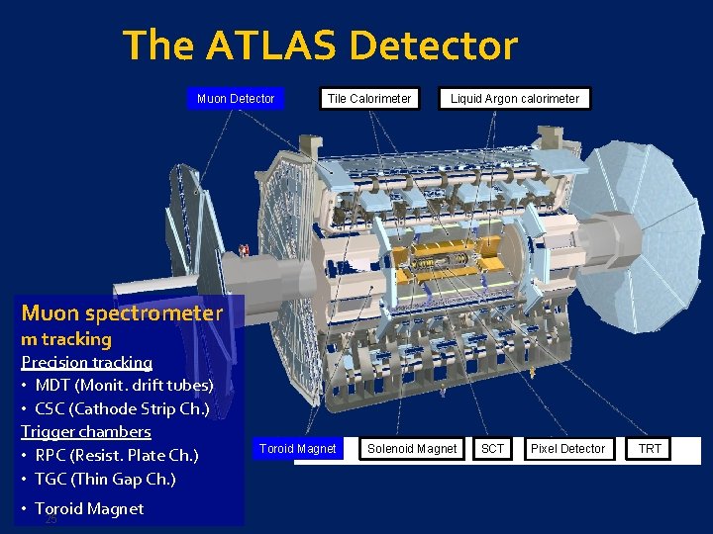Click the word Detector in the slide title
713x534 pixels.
(433, 45)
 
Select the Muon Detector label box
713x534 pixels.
(236, 98)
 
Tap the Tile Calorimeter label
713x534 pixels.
(369, 98)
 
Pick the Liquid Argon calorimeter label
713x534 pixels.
(515, 98)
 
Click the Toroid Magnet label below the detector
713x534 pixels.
(297, 449)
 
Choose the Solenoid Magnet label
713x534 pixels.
(412, 449)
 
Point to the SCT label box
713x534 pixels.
(492, 449)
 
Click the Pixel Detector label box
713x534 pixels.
(567, 449)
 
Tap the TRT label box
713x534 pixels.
(650, 449)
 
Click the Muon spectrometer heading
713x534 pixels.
(122, 313)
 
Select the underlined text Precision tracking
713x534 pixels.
(86, 362)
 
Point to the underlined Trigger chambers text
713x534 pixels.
(86, 431)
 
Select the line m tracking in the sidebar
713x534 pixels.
(66, 338)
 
